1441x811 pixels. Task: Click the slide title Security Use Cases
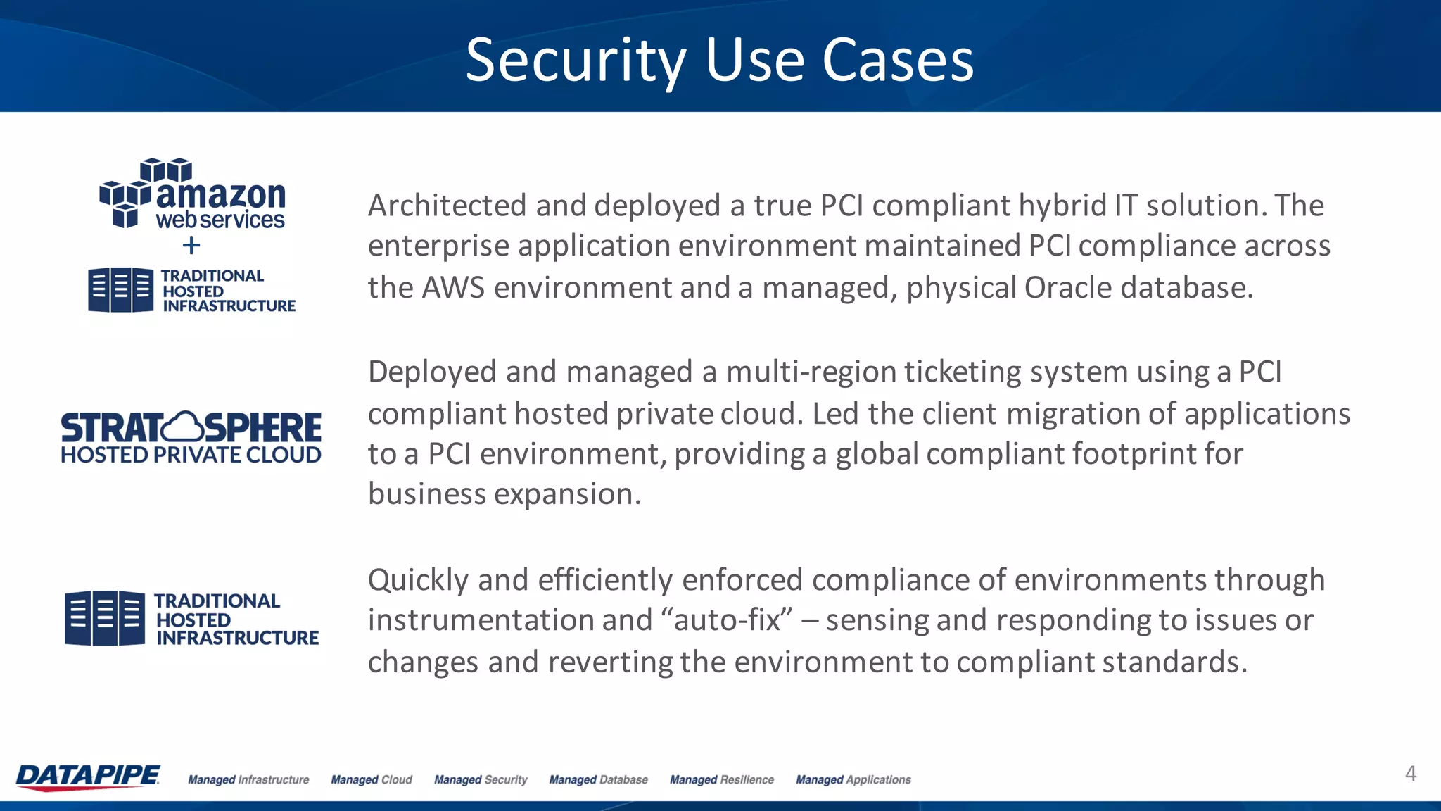(719, 61)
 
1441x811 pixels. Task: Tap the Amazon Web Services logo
(192, 194)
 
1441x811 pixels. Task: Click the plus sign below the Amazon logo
(191, 246)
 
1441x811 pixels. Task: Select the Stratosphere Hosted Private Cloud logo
(191, 437)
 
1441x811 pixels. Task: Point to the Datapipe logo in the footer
(88, 777)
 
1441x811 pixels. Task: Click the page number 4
(1410, 774)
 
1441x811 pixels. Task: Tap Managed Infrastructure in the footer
(248, 780)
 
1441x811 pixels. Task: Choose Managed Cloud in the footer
(372, 780)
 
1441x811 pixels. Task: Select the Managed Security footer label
(481, 780)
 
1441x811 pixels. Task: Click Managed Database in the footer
(598, 780)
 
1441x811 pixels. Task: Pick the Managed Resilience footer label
(721, 780)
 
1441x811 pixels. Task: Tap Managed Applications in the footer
(853, 780)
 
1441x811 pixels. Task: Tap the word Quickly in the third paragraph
(418, 580)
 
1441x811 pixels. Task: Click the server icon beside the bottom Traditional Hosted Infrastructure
(105, 618)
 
